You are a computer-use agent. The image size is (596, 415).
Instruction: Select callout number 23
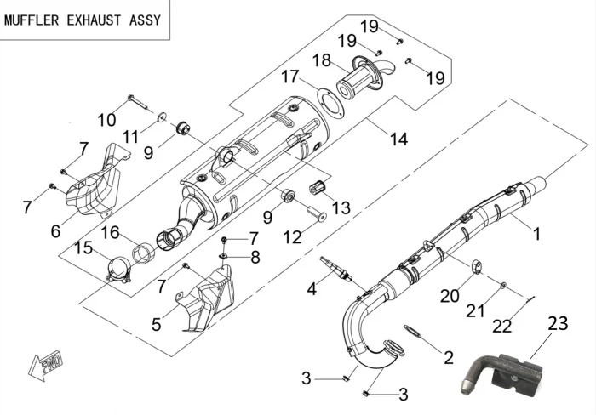558,323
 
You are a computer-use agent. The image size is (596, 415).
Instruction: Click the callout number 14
398,139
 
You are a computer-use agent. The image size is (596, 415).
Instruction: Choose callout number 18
321,60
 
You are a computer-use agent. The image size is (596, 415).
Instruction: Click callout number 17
290,77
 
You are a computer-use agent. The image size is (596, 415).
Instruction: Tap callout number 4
312,288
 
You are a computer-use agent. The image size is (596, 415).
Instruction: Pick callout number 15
83,247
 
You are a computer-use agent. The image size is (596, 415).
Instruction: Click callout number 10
106,120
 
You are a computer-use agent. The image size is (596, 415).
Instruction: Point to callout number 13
341,207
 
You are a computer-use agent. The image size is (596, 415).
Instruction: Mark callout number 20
449,296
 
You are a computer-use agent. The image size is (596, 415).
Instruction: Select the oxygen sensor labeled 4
335,265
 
